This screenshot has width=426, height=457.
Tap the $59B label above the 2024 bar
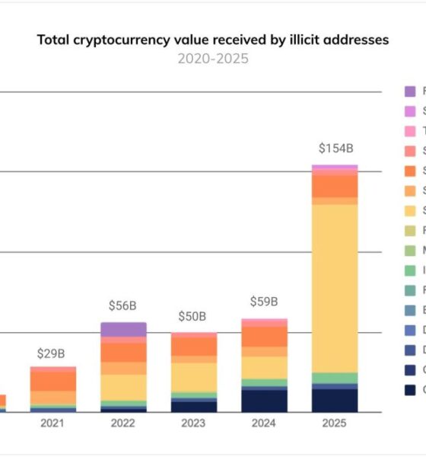[264, 301]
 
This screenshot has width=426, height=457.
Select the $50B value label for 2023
[193, 315]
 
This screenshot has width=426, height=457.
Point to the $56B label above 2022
[123, 305]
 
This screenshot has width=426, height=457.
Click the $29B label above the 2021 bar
[52, 353]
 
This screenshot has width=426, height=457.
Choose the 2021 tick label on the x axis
[52, 423]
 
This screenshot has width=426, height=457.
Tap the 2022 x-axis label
[123, 423]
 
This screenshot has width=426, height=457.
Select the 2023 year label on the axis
[193, 423]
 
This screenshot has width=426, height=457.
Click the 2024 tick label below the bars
[264, 423]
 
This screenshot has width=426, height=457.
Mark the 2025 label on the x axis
[334, 423]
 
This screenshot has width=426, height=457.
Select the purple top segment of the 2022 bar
[123, 329]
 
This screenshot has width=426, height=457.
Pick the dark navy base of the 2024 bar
[264, 401]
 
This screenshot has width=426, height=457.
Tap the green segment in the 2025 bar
[334, 378]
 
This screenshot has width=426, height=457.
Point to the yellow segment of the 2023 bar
[193, 376]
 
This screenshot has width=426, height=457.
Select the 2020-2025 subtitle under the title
[213, 59]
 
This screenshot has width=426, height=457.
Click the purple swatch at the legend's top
[410, 91]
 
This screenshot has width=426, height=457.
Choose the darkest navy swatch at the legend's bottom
[410, 390]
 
